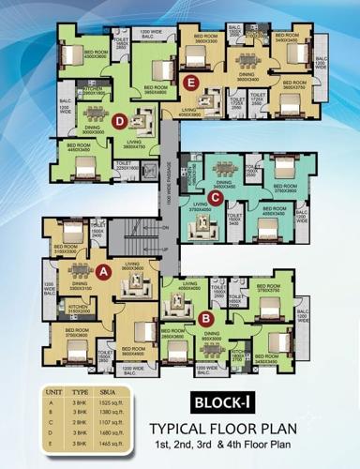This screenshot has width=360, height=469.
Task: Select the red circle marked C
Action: tap(216, 196)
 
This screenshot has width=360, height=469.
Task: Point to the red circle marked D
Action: tap(119, 120)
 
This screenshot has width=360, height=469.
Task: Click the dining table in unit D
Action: tap(94, 112)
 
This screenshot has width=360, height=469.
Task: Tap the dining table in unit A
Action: tap(78, 273)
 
